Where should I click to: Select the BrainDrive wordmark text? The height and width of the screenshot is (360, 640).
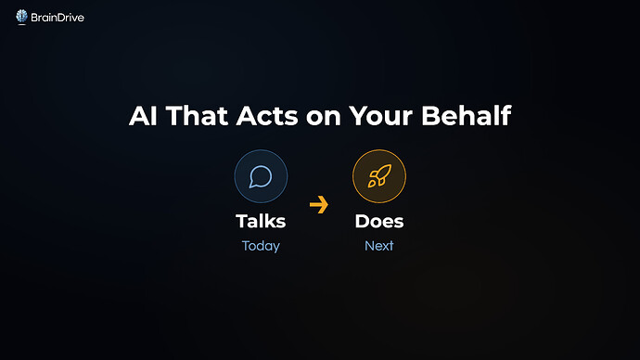(x=58, y=15)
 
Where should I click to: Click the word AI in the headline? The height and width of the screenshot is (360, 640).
(x=141, y=118)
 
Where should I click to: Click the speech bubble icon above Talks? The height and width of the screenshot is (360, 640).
(x=261, y=176)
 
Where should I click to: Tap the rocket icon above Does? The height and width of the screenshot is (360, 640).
(x=378, y=176)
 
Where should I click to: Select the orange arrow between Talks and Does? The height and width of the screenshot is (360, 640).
(x=319, y=205)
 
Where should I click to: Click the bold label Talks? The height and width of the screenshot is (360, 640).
(x=261, y=222)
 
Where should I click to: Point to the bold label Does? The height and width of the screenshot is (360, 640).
(x=379, y=222)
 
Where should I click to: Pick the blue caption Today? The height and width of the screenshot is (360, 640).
(x=261, y=246)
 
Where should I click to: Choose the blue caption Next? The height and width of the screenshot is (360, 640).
(x=379, y=246)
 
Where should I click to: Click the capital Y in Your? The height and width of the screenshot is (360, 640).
(x=356, y=118)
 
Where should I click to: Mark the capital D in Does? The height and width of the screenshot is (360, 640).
(x=363, y=222)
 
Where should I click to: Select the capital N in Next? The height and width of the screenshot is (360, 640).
(x=369, y=246)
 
